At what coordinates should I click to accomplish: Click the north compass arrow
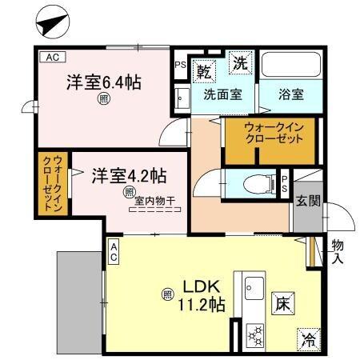(50, 22)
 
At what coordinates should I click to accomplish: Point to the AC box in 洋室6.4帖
(51, 58)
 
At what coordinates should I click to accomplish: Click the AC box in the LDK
(114, 253)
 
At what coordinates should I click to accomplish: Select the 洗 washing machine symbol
(238, 61)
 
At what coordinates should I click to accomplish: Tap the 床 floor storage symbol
(282, 304)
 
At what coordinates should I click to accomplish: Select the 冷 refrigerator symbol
(306, 338)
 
